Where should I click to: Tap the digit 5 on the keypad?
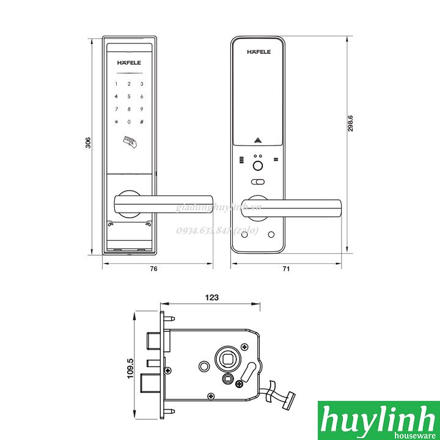(x=129, y=97)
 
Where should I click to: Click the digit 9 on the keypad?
(x=142, y=109)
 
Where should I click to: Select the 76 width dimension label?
(x=154, y=269)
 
